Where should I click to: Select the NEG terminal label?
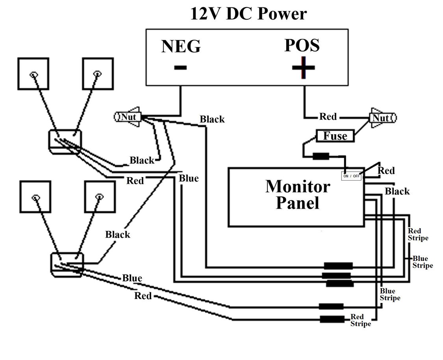181,46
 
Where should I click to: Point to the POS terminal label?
302,45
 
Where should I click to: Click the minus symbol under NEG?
180,68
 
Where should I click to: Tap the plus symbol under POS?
303,68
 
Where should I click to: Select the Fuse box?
335,136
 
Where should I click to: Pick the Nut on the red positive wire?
382,118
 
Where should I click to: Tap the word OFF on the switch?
356,176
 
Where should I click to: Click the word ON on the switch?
346,176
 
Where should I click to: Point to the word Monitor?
298,186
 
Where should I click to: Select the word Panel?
298,203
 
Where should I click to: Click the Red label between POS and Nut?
328,116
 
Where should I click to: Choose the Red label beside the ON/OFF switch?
386,170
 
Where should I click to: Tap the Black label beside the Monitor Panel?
397,192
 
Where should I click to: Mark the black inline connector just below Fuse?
321,156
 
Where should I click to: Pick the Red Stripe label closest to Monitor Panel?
418,234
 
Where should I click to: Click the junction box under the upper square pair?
65,142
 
